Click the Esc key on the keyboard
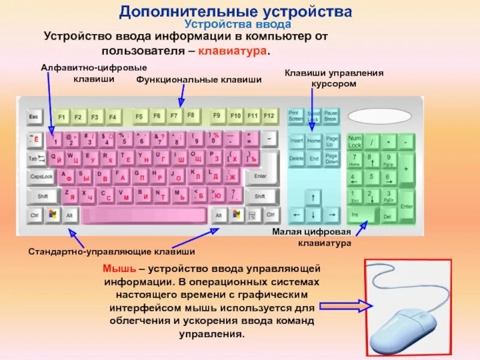[34, 115]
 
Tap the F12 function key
[269, 115]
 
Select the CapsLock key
[41, 177]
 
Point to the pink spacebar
[146, 215]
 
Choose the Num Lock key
[355, 142]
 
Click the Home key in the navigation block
[314, 140]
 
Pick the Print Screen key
[296, 115]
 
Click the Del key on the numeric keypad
[387, 216]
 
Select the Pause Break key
[331, 115]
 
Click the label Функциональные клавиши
[199, 79]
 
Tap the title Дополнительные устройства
[235, 11]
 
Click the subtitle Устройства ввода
[238, 25]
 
